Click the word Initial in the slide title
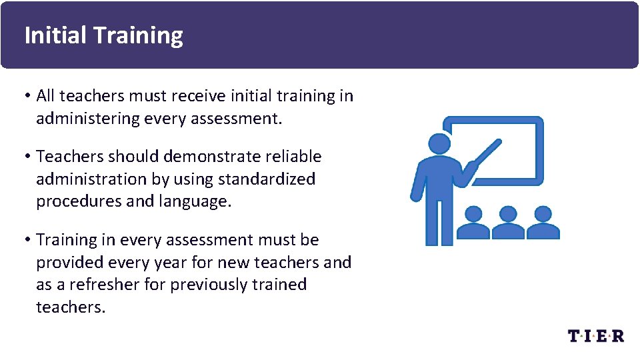pos(55,35)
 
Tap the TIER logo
pos(596,335)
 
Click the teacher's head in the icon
pos(439,145)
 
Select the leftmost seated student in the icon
pos(473,223)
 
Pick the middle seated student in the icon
pos(508,223)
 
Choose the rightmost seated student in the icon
pos(543,223)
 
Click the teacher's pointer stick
pos(487,152)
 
